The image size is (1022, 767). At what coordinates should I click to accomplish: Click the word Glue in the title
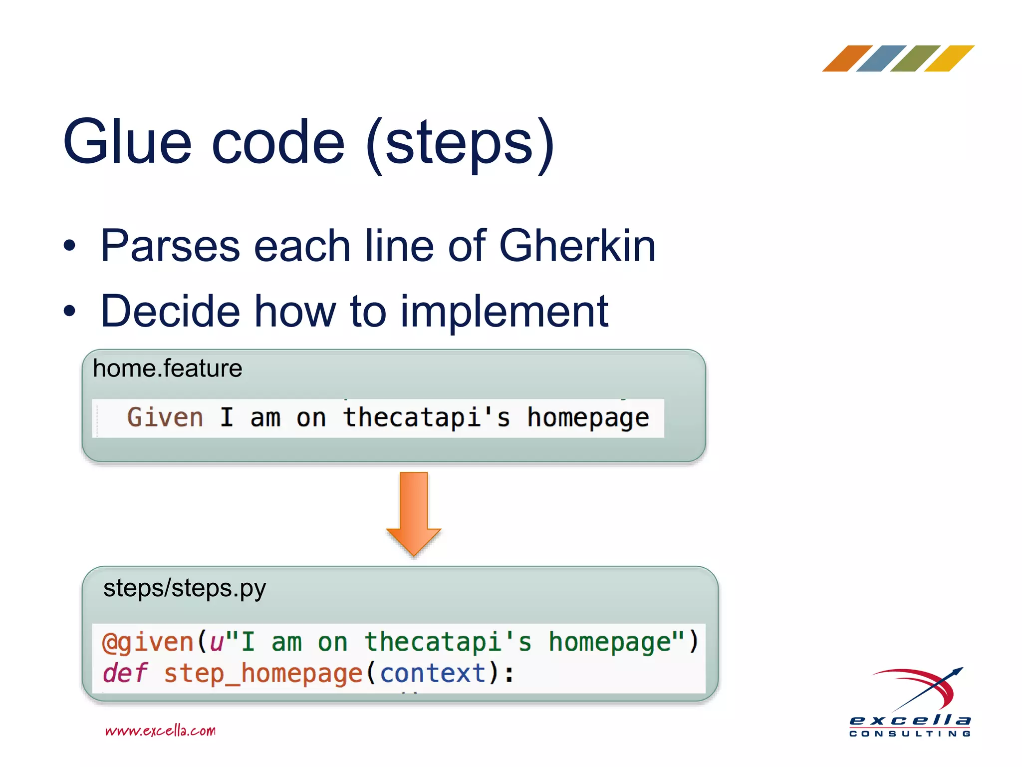[x=127, y=142]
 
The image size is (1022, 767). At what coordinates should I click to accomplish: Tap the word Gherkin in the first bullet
[x=577, y=246]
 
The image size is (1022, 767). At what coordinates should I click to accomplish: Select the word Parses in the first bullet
[x=170, y=246]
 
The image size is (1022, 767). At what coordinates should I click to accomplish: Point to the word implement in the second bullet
[x=504, y=312]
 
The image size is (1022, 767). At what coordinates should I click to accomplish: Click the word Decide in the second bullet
[x=170, y=312]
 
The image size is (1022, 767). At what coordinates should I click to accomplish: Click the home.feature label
[x=168, y=369]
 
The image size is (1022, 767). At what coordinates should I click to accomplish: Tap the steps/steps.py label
[x=185, y=588]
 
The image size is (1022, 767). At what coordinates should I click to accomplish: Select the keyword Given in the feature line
[x=165, y=417]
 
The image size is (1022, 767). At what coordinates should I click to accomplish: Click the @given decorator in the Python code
[x=148, y=642]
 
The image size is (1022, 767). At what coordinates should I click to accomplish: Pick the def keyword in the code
[x=124, y=673]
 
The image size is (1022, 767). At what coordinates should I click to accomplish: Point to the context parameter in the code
[x=433, y=673]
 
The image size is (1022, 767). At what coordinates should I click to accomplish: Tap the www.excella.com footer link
[x=160, y=731]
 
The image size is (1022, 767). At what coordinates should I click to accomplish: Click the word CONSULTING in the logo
[x=910, y=734]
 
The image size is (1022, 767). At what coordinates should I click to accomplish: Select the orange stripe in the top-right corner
[x=847, y=58]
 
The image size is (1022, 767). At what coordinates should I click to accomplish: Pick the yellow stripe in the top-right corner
[x=949, y=58]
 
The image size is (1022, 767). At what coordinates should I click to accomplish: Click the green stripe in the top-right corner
[x=915, y=58]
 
